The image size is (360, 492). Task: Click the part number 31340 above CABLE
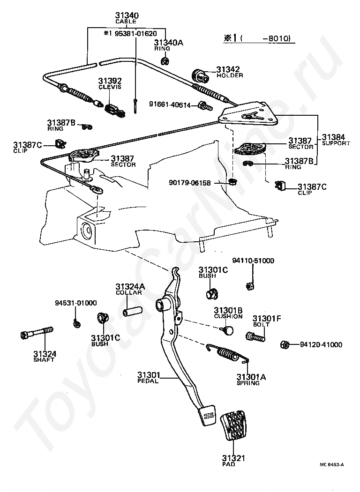(127, 15)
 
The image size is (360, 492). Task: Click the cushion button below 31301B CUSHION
(227, 330)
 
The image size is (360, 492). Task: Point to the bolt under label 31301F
(255, 335)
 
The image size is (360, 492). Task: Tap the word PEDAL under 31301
(148, 381)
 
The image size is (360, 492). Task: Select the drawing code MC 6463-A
(331, 465)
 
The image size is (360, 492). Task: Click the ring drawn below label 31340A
(165, 60)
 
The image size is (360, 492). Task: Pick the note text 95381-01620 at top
(130, 34)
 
